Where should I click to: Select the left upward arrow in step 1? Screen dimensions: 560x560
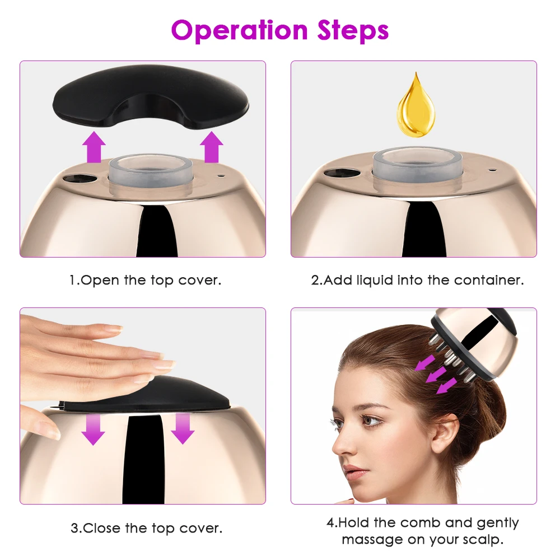coord(94,147)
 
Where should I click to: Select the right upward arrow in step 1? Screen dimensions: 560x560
coord(211,147)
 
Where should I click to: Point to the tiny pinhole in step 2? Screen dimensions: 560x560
coord(491,168)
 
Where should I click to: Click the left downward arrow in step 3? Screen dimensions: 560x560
coord(94,429)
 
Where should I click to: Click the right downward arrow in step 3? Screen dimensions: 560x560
coord(182,429)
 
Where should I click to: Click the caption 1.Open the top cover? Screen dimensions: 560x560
coord(145,280)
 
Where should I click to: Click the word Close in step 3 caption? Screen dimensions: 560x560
coord(105,528)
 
